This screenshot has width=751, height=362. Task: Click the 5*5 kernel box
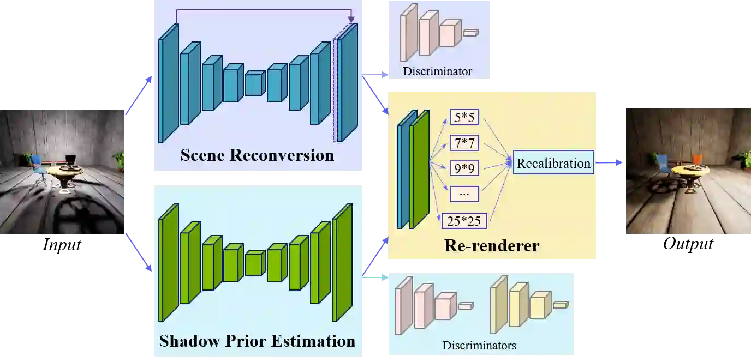point(464,117)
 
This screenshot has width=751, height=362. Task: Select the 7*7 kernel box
point(464,143)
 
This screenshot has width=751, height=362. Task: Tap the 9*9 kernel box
point(464,168)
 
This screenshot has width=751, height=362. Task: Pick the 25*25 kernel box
point(464,220)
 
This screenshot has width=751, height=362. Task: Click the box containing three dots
point(464,194)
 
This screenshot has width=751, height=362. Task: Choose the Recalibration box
point(553,163)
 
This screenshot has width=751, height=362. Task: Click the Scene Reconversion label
point(257,155)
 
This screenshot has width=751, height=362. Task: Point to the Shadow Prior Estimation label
point(257,341)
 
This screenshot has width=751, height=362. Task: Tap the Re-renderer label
point(491,245)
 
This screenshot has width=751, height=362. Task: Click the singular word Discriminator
point(437,71)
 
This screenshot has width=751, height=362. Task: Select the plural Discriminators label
point(479,345)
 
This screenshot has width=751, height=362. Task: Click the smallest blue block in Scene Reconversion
point(254,84)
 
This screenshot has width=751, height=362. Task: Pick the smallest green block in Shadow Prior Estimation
point(254,264)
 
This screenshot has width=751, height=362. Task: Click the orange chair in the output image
point(696,160)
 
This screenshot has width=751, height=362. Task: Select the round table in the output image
point(690,171)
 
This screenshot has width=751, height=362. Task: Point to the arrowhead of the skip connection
point(351,20)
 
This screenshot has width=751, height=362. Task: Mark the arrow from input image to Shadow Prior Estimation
point(139,252)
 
